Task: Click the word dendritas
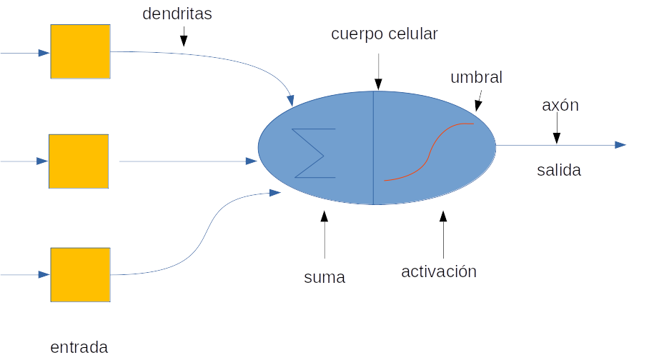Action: click(177, 14)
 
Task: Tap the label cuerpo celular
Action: click(384, 34)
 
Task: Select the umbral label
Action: click(476, 77)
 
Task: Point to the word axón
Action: click(560, 106)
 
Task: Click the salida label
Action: click(559, 170)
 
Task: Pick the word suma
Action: click(324, 277)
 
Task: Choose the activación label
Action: click(438, 271)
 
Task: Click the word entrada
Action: click(79, 347)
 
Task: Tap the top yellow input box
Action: click(80, 51)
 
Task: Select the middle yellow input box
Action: click(79, 161)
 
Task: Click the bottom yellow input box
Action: click(80, 274)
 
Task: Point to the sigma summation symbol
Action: click(314, 153)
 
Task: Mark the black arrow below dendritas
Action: click(184, 36)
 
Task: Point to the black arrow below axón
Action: click(556, 131)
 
